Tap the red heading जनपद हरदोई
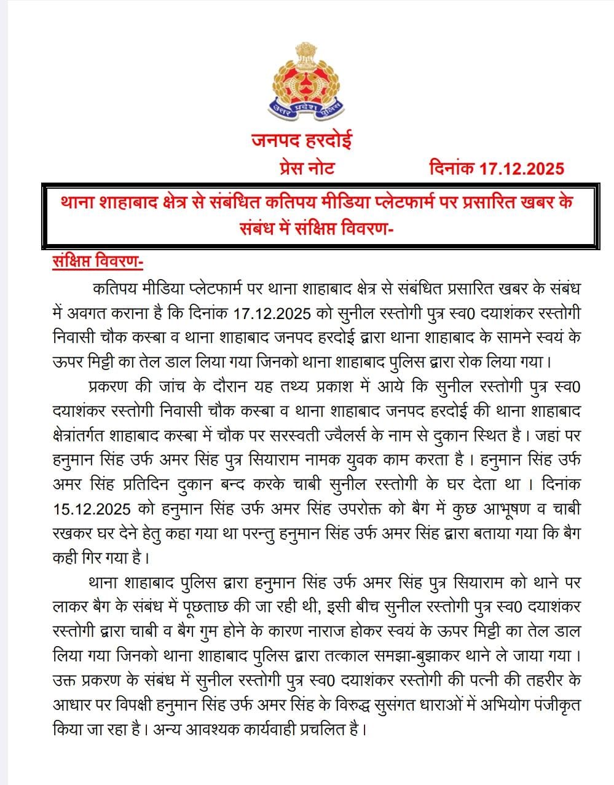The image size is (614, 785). click(301, 141)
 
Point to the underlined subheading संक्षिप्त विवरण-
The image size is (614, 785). click(98, 262)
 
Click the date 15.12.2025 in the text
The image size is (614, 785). click(100, 509)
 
